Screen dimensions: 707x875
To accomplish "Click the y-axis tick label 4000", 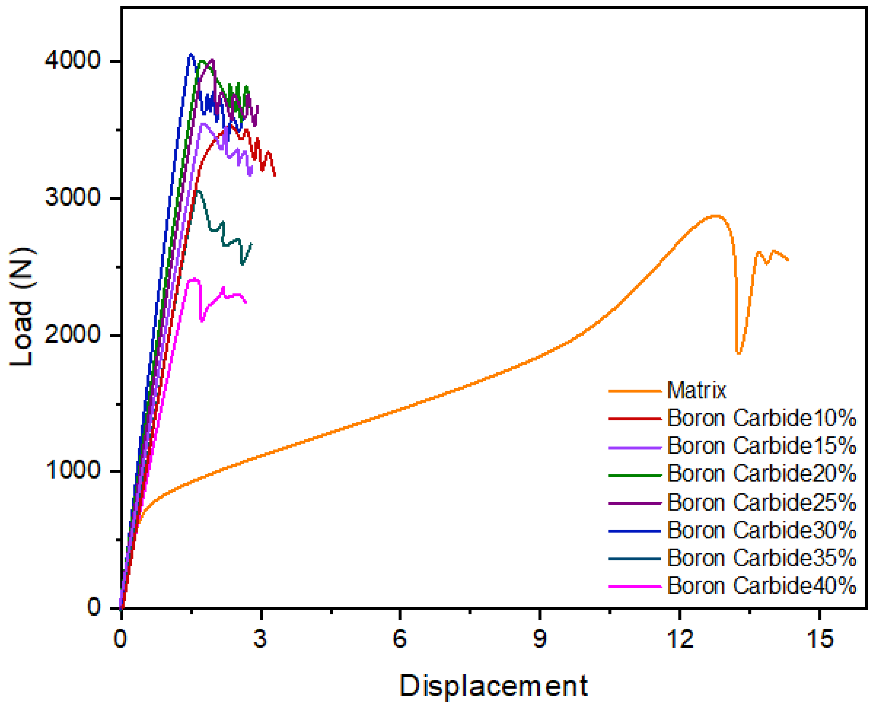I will pyautogui.click(x=72, y=61).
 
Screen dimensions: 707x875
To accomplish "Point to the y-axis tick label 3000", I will pyautogui.click(x=72, y=197).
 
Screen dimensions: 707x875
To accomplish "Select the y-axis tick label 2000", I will pyautogui.click(x=72, y=335).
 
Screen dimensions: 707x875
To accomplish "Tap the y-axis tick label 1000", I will pyautogui.click(x=72, y=471).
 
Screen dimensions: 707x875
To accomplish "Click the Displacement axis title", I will pyautogui.click(x=494, y=686).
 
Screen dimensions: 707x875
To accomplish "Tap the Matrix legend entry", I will pyautogui.click(x=697, y=390).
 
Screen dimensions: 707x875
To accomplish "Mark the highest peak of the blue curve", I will pyautogui.click(x=190, y=54).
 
